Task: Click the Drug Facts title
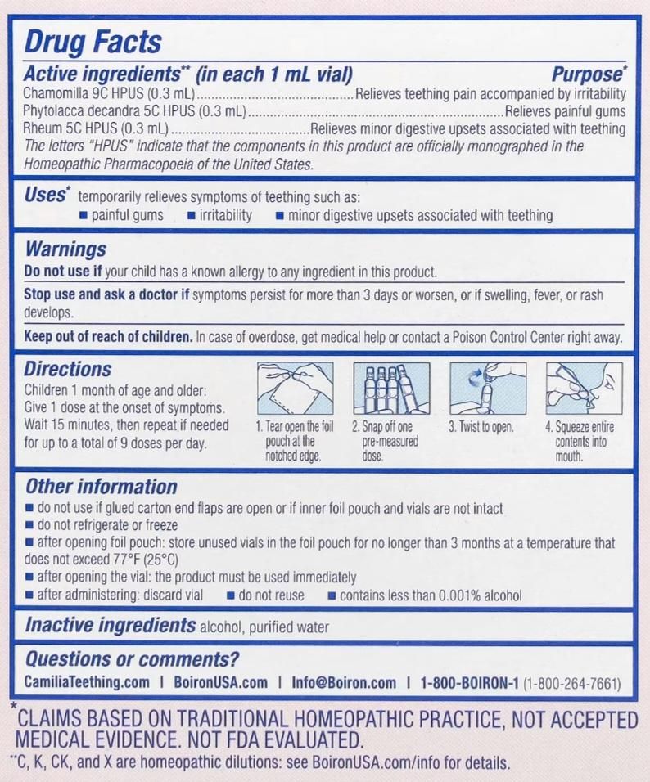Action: pyautogui.click(x=93, y=42)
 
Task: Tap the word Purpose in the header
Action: pyautogui.click(x=588, y=75)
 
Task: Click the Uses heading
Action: pyautogui.click(x=44, y=195)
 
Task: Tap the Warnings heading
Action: pyautogui.click(x=65, y=249)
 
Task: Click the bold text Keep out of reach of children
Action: pyautogui.click(x=109, y=336)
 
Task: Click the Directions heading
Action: pyautogui.click(x=67, y=369)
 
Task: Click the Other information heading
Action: pyautogui.click(x=101, y=487)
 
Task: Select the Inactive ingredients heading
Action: pyautogui.click(x=110, y=626)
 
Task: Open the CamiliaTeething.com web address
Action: pyautogui.click(x=88, y=683)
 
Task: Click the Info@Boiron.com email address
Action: pyautogui.click(x=344, y=683)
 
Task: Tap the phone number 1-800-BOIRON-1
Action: pyautogui.click(x=469, y=683)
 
